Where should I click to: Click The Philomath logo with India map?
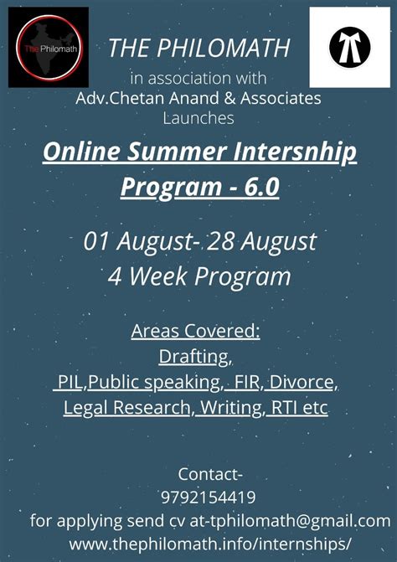click(x=48, y=47)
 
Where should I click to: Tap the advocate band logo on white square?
click(x=349, y=48)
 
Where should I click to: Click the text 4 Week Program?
click(x=198, y=276)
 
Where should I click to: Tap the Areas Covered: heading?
click(x=196, y=331)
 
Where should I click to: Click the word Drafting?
click(x=195, y=357)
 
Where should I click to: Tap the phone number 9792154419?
click(x=198, y=497)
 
